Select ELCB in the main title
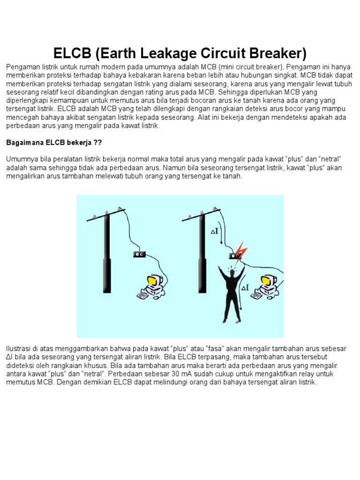[72, 53]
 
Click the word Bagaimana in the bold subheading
[25, 142]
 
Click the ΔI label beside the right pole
[215, 231]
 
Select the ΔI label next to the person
[245, 287]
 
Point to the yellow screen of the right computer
[265, 281]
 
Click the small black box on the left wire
[139, 254]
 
